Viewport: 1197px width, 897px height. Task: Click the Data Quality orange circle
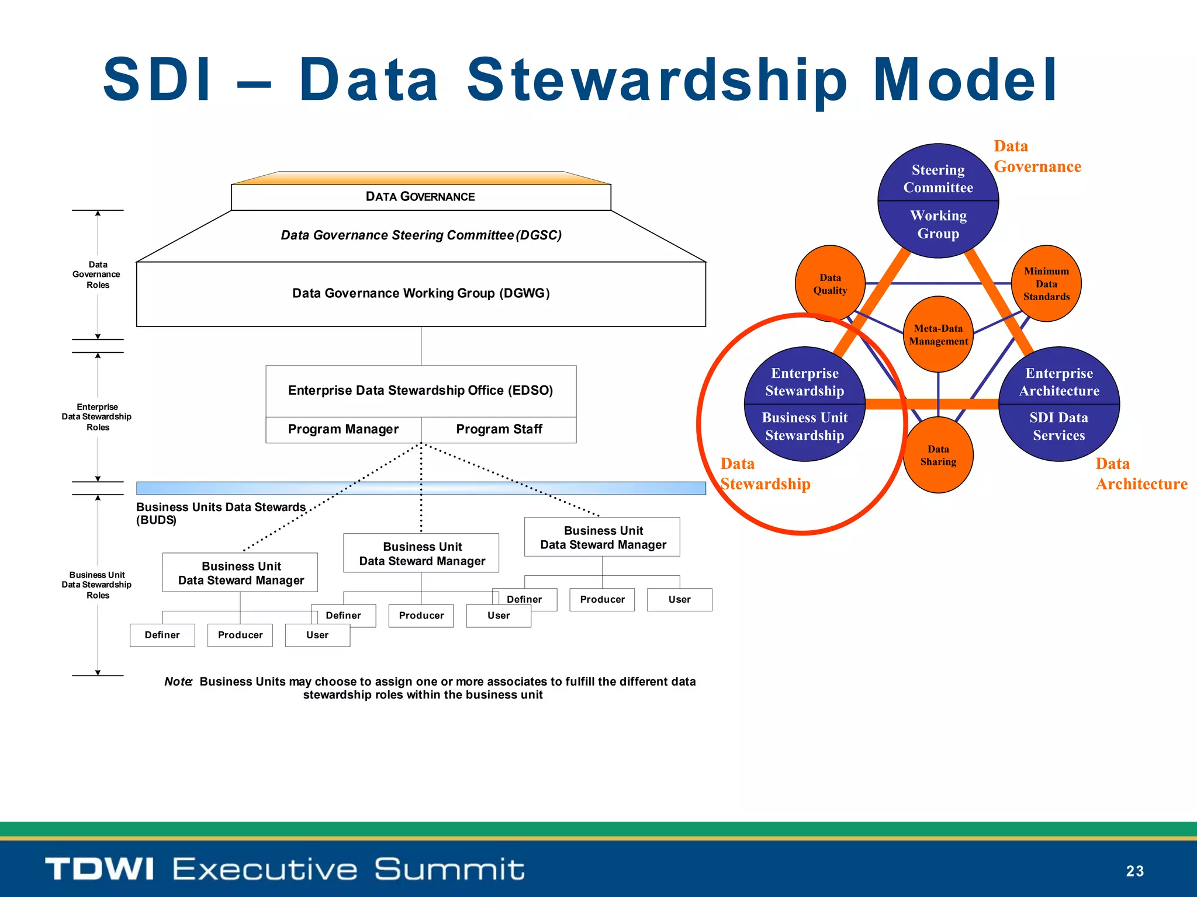[x=830, y=284]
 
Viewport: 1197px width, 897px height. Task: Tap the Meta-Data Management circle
[x=938, y=335]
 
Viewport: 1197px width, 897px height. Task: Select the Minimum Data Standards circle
[x=1046, y=284]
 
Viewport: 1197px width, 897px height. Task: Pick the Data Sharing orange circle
[x=938, y=455]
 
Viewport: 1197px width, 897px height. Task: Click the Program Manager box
[x=343, y=429]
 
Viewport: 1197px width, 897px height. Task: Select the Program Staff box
[x=499, y=429]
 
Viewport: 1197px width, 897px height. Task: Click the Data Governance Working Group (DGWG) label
[x=421, y=293]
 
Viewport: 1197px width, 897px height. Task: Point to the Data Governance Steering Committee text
[x=421, y=235]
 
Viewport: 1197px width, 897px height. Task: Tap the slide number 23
[x=1134, y=871]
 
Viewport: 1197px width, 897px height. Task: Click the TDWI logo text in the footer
[x=99, y=869]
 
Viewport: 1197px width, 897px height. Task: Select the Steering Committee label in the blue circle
[x=938, y=179]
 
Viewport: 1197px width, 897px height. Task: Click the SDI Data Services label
[x=1058, y=426]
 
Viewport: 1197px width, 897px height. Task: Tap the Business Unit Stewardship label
[x=804, y=426]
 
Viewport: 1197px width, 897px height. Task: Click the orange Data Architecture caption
[x=1140, y=474]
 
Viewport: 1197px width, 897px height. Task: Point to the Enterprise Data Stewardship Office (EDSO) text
[x=420, y=390]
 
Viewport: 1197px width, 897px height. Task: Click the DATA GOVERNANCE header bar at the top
[x=420, y=197]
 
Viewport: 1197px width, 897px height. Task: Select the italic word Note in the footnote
[x=178, y=682]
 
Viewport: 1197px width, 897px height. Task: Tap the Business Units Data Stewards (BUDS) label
[x=220, y=513]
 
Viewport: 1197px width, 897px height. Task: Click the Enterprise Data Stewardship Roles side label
[x=97, y=417]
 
